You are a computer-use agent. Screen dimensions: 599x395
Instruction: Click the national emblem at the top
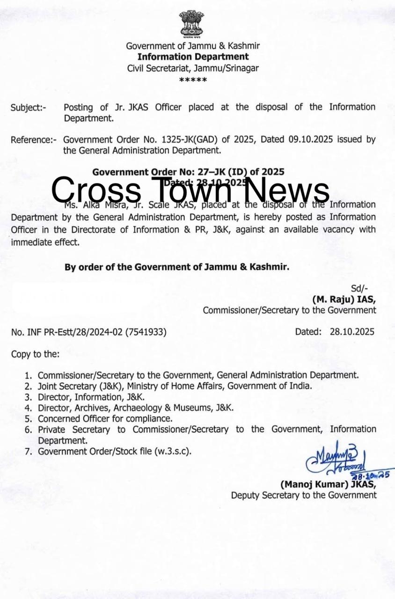[192, 24]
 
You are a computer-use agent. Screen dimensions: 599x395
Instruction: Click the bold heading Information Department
[193, 57]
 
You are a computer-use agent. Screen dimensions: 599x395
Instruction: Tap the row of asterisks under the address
[193, 80]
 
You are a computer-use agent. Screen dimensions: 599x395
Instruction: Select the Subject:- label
[29, 108]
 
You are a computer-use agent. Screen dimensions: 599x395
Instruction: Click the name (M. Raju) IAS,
[344, 299]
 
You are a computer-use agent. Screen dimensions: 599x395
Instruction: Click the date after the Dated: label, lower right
[352, 332]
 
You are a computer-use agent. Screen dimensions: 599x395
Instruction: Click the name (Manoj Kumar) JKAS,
[328, 484]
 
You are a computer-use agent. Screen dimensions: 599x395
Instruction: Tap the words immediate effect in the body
[45, 242]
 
